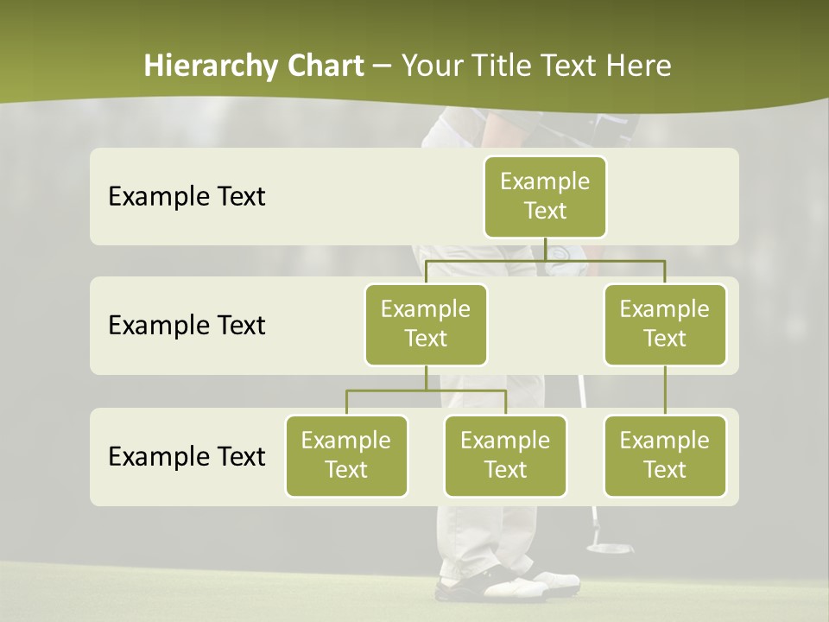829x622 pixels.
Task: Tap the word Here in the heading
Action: pyautogui.click(x=638, y=67)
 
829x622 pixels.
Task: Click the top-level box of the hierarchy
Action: pyautogui.click(x=545, y=196)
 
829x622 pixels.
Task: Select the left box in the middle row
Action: pyautogui.click(x=426, y=324)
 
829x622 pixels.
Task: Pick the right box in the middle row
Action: pyautogui.click(x=665, y=324)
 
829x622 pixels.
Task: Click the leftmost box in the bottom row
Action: pyautogui.click(x=346, y=455)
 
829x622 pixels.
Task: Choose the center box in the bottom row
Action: pyautogui.click(x=505, y=455)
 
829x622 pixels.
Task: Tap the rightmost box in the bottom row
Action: pyautogui.click(x=665, y=455)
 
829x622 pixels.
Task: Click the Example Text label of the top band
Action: pyautogui.click(x=187, y=197)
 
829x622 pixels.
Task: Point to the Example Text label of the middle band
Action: pyautogui.click(x=187, y=326)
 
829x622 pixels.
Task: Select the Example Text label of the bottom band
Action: pyautogui.click(x=187, y=456)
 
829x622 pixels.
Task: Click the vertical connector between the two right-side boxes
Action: pyautogui.click(x=665, y=390)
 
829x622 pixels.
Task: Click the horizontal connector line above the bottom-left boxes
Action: pyautogui.click(x=426, y=390)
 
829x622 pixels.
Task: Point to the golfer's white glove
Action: pyautogui.click(x=559, y=257)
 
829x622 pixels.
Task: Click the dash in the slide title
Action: pyautogui.click(x=383, y=67)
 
